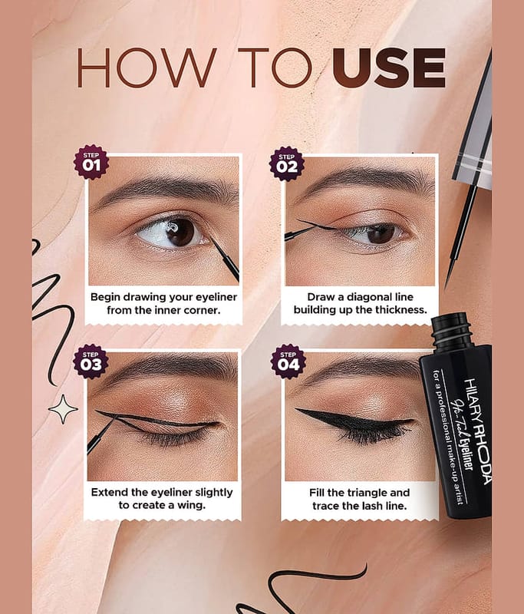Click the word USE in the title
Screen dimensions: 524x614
389,68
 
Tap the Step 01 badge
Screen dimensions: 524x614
91,162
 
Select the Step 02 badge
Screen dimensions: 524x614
287,163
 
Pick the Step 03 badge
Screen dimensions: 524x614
91,361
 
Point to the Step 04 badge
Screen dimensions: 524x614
288,361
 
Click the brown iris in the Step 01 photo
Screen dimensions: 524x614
180,232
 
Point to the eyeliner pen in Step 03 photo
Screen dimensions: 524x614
101,435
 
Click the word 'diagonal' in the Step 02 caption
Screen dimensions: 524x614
363,297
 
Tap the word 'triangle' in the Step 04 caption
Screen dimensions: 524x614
367,493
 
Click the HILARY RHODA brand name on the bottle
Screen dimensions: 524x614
477,431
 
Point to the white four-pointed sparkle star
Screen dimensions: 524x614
63,409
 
